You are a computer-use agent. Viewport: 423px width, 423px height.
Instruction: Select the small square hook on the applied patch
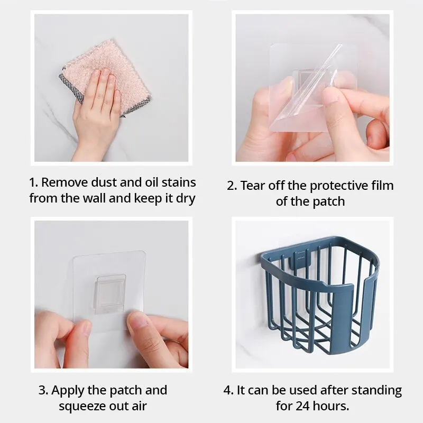pyautogui.click(x=111, y=294)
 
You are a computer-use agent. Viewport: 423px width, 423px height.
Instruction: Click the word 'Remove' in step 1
pyautogui.click(x=65, y=182)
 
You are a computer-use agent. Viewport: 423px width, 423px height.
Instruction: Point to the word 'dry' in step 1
pyautogui.click(x=186, y=199)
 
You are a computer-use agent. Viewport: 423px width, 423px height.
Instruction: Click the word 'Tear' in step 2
pyautogui.click(x=253, y=186)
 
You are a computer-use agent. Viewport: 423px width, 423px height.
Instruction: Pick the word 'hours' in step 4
pyautogui.click(x=331, y=406)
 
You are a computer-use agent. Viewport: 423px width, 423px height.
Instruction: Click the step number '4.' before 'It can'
pyautogui.click(x=229, y=390)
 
